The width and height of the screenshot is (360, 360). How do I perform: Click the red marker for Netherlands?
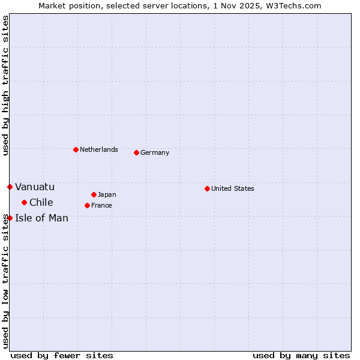pos(76,149)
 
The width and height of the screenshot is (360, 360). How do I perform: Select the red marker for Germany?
pos(136,152)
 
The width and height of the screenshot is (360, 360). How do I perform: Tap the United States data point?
pos(207,188)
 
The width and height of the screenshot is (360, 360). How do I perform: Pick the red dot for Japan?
pos(94,194)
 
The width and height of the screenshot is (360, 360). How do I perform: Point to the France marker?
pos(87,205)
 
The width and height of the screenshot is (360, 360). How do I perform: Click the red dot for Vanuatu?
pos(10,187)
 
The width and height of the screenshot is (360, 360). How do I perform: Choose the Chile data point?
pos(24,202)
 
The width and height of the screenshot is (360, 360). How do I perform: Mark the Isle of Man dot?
pos(10,218)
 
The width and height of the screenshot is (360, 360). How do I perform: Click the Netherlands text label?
pos(98,149)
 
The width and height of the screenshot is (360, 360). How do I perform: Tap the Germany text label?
pos(155,152)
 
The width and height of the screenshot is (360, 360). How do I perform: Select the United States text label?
pos(232,188)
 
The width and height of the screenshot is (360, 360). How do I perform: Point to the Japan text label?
pos(107,194)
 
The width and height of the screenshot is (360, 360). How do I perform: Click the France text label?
pos(101,205)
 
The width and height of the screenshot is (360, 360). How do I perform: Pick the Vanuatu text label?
pos(35,187)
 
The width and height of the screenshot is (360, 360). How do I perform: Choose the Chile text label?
pos(41,202)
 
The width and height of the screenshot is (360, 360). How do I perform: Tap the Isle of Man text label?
pos(42,218)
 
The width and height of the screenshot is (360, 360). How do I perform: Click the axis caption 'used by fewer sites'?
pos(62,355)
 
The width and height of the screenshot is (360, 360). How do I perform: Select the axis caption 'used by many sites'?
pos(301,355)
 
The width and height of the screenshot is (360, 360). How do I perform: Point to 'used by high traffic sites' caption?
pos(5,85)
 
